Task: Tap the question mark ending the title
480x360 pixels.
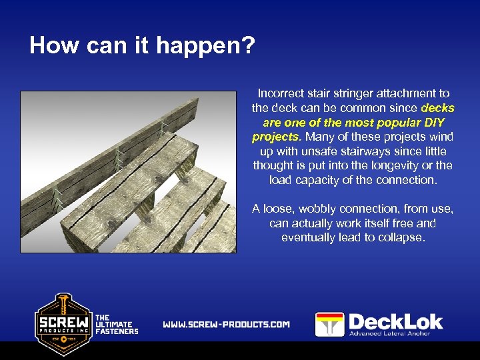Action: pos(249,46)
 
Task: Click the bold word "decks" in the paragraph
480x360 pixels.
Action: pos(438,108)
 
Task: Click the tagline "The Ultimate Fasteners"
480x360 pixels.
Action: pos(117,325)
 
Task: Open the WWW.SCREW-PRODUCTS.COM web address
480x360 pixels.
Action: pos(227,325)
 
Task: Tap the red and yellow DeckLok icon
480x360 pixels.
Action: pos(329,325)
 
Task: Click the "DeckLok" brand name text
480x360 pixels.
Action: pos(396,321)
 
